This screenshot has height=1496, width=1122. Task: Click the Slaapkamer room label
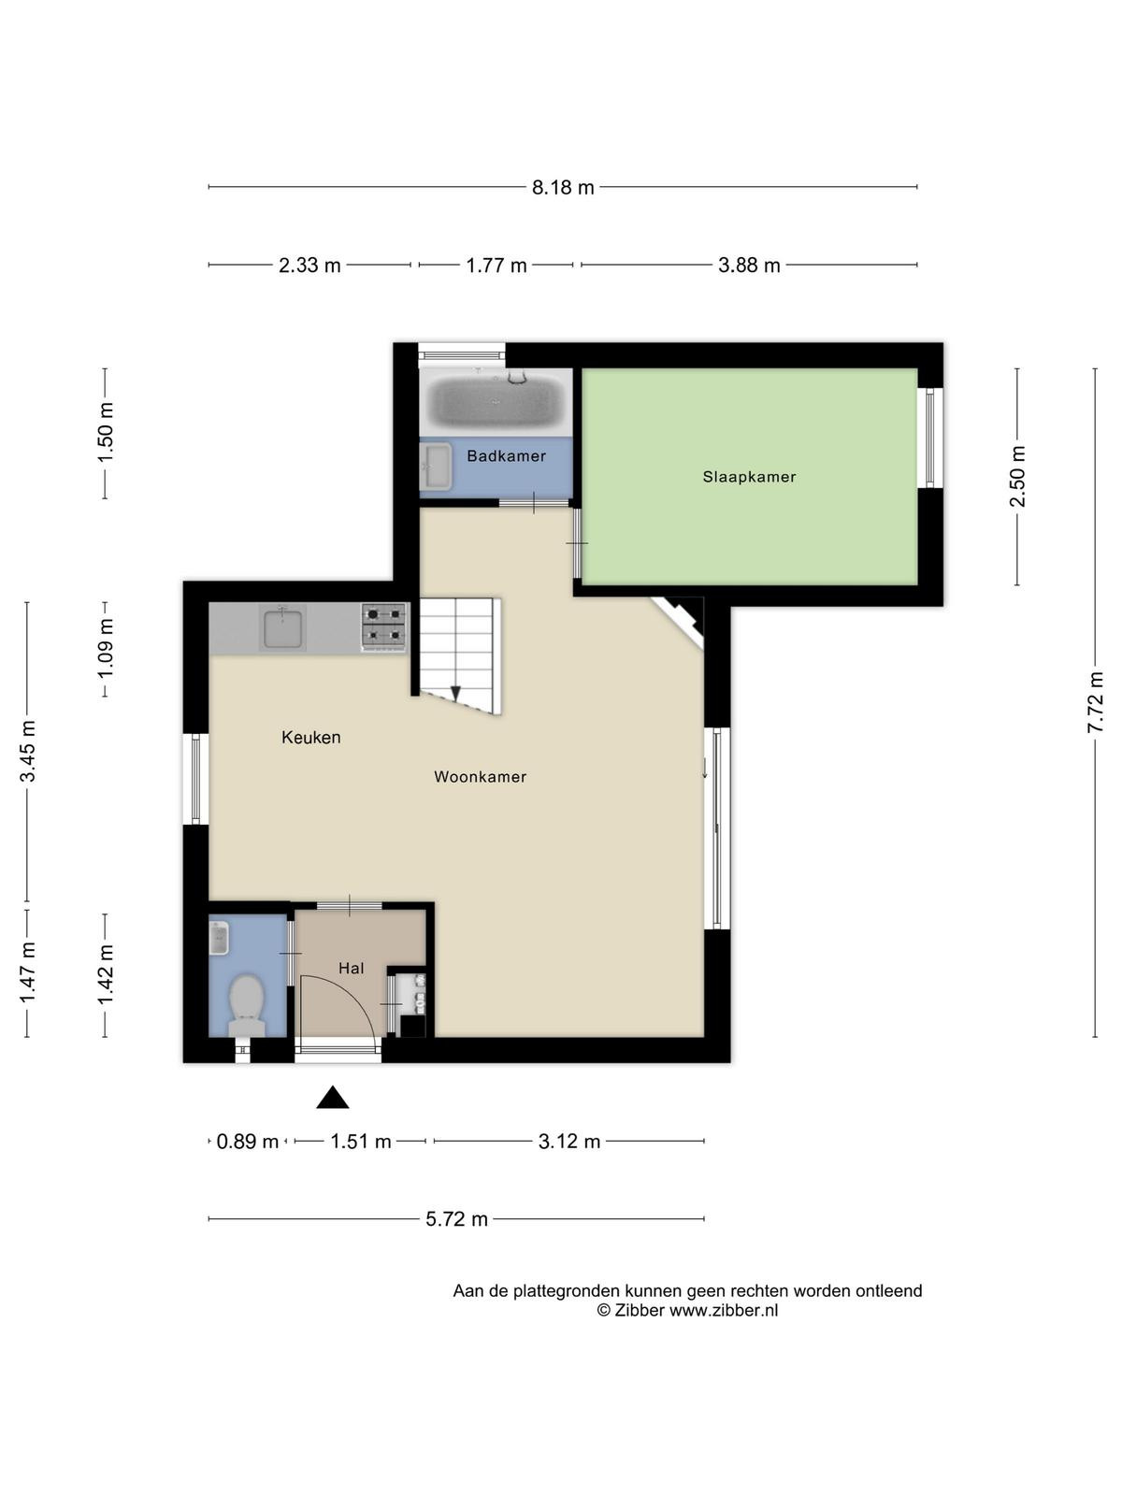click(x=749, y=477)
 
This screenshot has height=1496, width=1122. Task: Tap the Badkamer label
click(x=506, y=456)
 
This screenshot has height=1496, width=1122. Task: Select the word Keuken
click(x=310, y=737)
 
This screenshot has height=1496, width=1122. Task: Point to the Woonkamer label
click(x=481, y=776)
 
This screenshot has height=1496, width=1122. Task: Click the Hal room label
click(x=351, y=968)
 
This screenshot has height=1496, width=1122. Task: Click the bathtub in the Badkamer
click(x=496, y=400)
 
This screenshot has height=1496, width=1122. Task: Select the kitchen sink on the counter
click(x=282, y=627)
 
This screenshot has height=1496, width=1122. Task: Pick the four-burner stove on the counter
click(x=383, y=626)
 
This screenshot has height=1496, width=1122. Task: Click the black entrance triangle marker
click(x=333, y=1098)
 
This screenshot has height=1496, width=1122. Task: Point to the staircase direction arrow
click(x=455, y=693)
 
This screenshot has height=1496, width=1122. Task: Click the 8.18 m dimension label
click(x=563, y=187)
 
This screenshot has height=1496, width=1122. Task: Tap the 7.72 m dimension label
click(x=1095, y=702)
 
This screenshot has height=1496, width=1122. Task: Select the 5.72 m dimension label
click(x=456, y=1218)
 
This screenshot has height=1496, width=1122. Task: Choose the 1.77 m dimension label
click(x=496, y=266)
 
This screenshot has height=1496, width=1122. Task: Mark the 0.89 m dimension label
click(x=247, y=1142)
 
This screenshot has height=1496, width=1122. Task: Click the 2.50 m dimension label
click(x=1017, y=477)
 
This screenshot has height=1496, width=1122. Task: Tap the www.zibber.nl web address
click(x=724, y=1310)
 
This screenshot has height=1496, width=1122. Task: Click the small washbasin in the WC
click(x=218, y=939)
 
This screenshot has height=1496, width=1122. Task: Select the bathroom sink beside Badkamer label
click(x=436, y=467)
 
